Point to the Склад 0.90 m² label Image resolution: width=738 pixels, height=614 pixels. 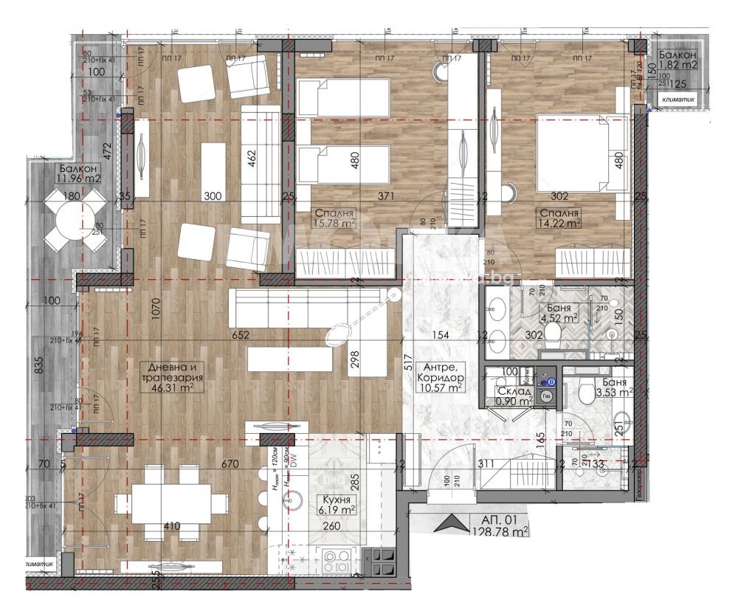[514, 396]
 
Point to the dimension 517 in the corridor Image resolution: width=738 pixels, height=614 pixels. [407, 362]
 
